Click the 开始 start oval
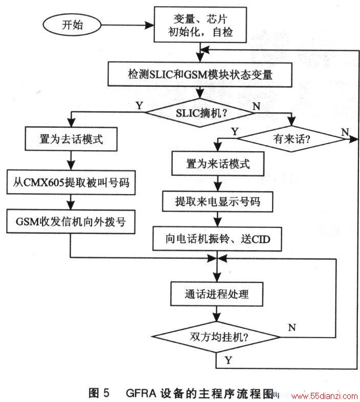pos(72,25)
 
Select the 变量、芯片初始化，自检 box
pos(200,25)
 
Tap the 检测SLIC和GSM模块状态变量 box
pos(200,74)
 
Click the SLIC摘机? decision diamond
pos(200,112)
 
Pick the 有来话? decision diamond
pos(291,139)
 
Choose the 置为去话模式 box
pos(71,139)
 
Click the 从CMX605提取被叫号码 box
pos(71,182)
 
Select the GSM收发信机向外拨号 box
pos(71,222)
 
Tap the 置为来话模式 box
pos(218,163)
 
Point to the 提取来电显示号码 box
pos(218,201)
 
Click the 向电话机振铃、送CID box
pos(217,239)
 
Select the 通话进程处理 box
pos(217,294)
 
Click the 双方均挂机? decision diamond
pos(217,337)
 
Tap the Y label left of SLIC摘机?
pos(139,105)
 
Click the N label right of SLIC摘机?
pos(256,106)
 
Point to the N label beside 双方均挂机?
pos(292,327)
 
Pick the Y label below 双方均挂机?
pos(229,360)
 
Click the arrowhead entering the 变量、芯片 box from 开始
pos(149,25)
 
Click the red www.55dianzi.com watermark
pos(324,396)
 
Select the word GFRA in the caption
pos(141,393)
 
